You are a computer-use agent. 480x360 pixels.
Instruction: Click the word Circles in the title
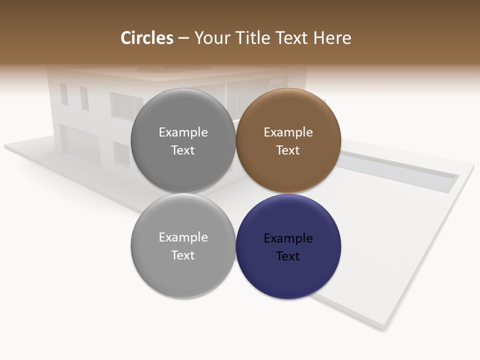(x=147, y=38)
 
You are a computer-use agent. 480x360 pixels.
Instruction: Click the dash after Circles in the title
(x=183, y=38)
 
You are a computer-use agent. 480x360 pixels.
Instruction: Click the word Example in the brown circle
(x=288, y=132)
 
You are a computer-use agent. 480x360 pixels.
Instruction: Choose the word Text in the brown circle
(x=288, y=150)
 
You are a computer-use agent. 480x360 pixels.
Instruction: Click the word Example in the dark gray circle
(x=183, y=132)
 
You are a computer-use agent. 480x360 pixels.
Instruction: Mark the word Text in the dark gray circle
(x=183, y=150)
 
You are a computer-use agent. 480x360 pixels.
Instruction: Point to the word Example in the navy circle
(x=288, y=238)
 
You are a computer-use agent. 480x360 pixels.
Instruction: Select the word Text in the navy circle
(x=288, y=256)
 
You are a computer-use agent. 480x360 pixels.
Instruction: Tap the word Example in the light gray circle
(x=183, y=237)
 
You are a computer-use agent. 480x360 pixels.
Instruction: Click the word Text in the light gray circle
(x=183, y=255)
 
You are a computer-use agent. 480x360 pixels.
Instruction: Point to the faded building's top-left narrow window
(x=64, y=94)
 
